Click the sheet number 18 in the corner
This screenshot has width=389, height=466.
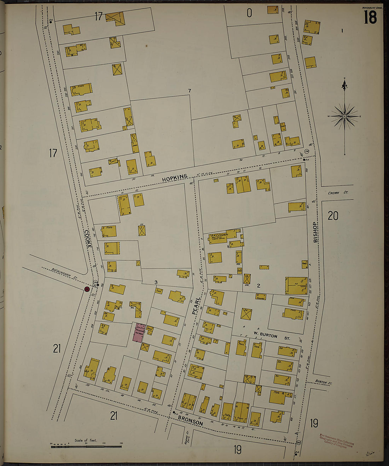click(x=370, y=17)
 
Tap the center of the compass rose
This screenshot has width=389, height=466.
click(x=344, y=116)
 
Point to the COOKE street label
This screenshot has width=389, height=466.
click(x=88, y=239)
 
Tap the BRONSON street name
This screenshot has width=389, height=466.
click(x=190, y=421)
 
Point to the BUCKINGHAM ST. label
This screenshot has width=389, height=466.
click(x=64, y=274)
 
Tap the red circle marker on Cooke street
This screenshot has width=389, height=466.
click(x=87, y=290)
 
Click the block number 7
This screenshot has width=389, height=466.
click(x=190, y=91)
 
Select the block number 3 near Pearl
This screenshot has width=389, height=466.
click(x=155, y=282)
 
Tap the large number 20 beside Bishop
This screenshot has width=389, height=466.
click(x=333, y=215)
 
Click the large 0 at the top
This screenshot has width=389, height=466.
click(x=249, y=13)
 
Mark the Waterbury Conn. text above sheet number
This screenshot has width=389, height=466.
click(x=372, y=7)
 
